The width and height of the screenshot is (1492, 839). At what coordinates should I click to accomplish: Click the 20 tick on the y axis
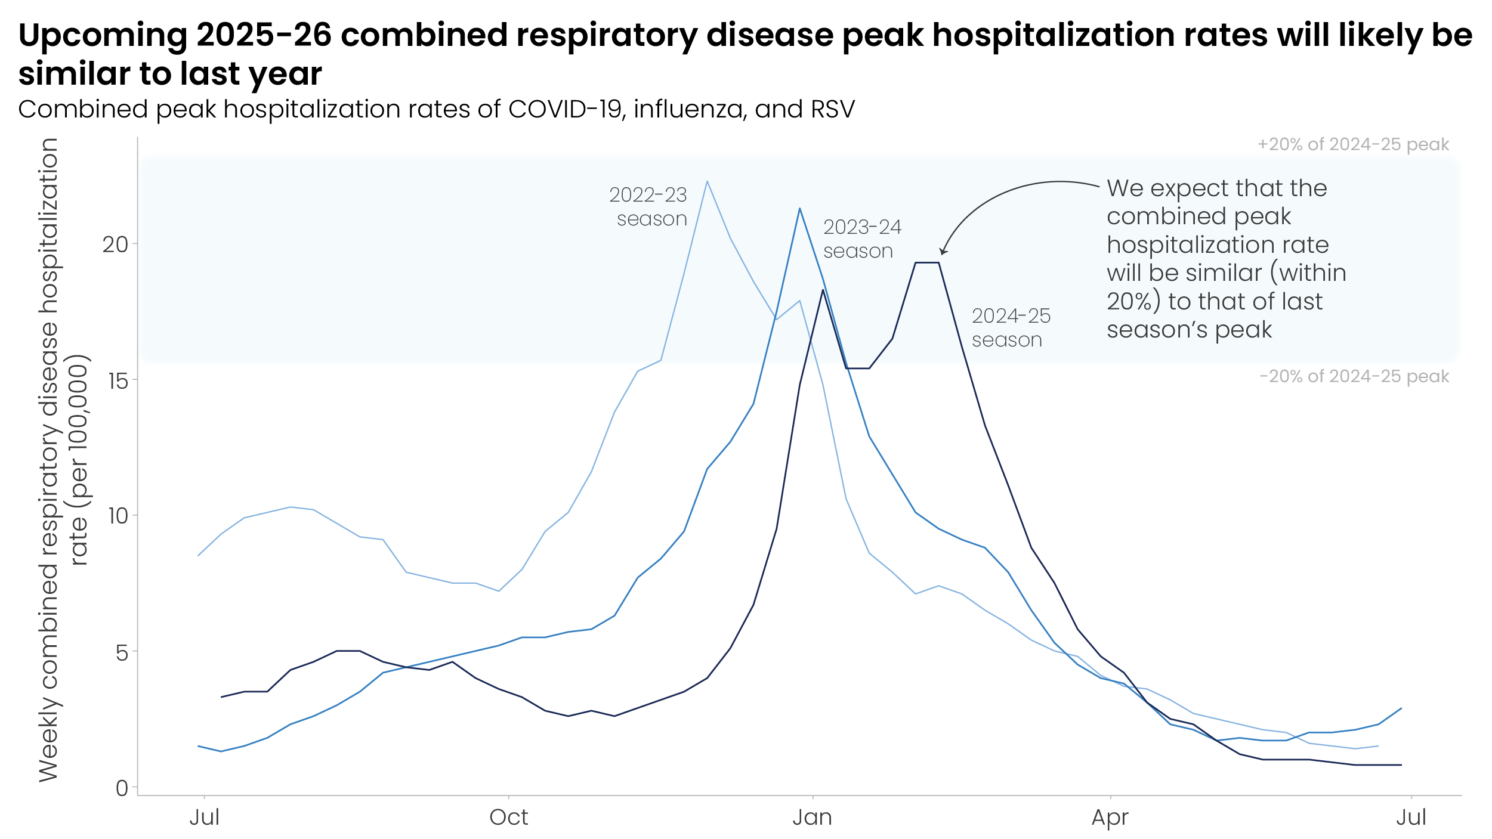(x=115, y=244)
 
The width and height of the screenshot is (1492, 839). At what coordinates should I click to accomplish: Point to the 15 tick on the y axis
(x=118, y=380)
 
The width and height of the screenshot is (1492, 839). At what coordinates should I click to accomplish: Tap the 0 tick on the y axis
(x=122, y=788)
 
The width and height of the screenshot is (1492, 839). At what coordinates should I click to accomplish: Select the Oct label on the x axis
(x=508, y=818)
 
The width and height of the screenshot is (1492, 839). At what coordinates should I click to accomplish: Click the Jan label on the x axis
(x=812, y=818)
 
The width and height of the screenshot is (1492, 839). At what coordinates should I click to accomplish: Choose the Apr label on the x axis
(x=1110, y=818)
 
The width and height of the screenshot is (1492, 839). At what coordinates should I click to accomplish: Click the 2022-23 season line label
(x=649, y=206)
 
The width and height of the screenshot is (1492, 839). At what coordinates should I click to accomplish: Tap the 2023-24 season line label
(x=861, y=239)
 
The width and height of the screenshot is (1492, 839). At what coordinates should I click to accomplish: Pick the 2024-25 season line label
(x=1011, y=327)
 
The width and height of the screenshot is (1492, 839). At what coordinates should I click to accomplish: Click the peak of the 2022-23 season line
(x=707, y=181)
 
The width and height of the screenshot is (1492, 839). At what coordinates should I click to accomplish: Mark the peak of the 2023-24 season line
(x=799, y=209)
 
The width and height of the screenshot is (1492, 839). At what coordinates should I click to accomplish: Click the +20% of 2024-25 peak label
(x=1353, y=144)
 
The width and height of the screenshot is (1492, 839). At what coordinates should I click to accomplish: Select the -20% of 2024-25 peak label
(x=1354, y=376)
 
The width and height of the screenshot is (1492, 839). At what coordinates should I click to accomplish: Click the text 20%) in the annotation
(x=1133, y=302)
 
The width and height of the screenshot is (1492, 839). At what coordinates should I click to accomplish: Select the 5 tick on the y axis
(x=122, y=652)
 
